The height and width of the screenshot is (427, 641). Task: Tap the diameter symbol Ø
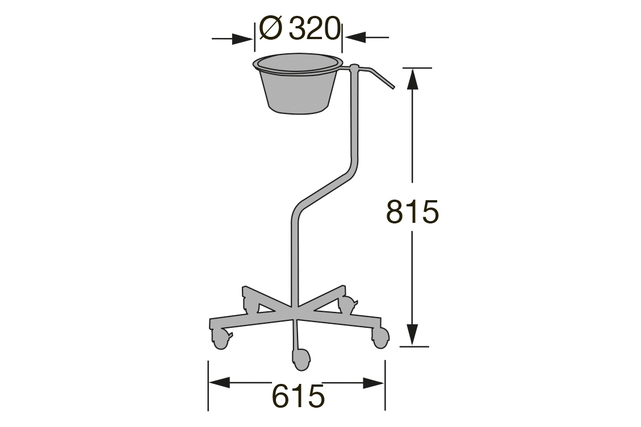coord(271,28)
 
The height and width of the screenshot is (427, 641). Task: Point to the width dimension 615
coord(298,395)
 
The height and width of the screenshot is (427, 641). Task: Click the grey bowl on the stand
coord(299,88)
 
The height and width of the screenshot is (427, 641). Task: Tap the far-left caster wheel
coord(220,339)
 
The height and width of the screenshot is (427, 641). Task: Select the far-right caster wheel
coord(380,337)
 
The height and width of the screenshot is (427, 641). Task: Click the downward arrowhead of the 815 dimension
coord(413,334)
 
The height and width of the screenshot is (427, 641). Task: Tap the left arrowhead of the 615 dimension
coord(219,383)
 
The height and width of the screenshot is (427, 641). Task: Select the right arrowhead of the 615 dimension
coord(375,383)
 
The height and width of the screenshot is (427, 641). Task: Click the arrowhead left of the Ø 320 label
coord(243,39)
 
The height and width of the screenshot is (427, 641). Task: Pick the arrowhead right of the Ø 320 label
coord(354,39)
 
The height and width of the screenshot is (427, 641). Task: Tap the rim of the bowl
coord(298,62)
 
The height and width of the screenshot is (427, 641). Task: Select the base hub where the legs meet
coord(295,311)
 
